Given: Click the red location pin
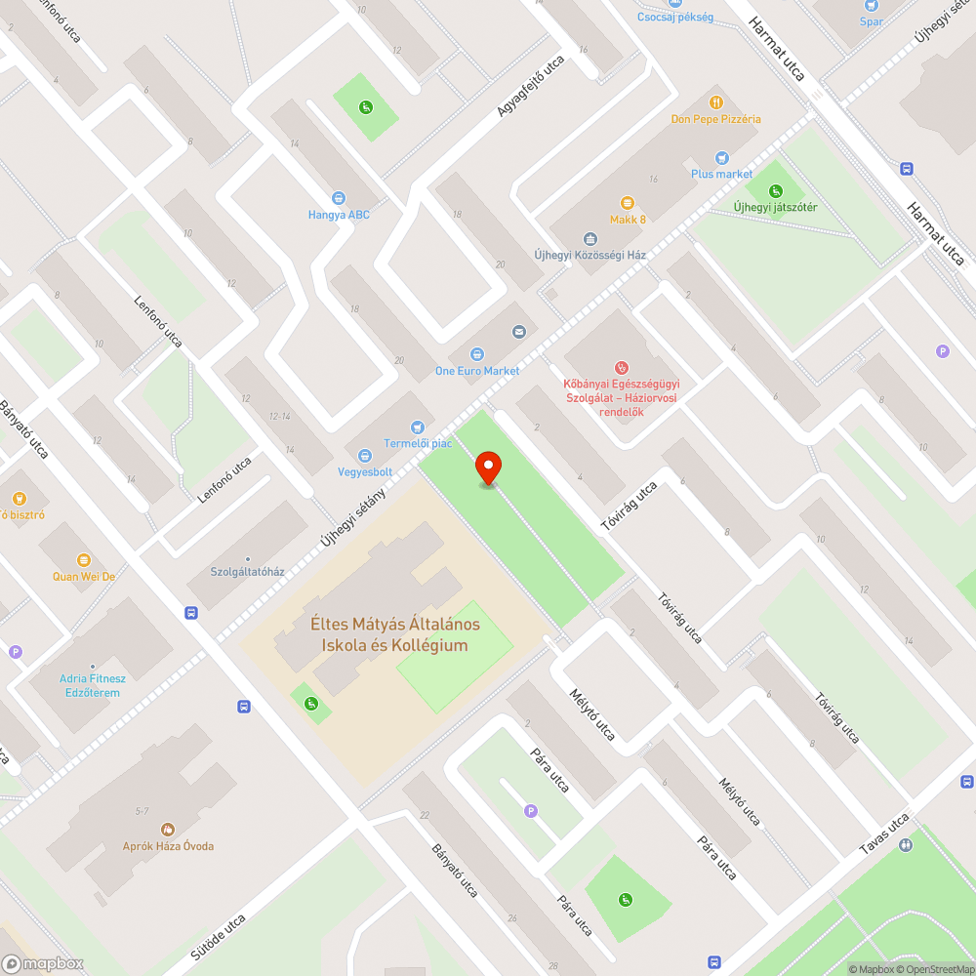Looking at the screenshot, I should point(487,468).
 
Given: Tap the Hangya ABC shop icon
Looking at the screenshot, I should point(339,198).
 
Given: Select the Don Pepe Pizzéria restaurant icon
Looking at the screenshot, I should point(715,102).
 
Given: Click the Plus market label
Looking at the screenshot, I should point(721,174).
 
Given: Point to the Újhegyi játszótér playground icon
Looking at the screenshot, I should point(775,190).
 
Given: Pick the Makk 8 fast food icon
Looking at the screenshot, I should point(628,203).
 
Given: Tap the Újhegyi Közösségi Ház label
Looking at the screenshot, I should point(590,255).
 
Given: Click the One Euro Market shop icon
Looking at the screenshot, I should point(477,354).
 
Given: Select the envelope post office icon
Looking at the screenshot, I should point(518,332).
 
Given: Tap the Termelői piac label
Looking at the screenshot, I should point(418,443).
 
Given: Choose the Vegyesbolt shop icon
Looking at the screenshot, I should point(364,456).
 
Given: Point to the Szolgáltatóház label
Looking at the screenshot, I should point(247,571).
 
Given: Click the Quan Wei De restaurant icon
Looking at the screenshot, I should point(84,560).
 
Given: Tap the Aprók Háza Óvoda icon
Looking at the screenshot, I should point(168,829).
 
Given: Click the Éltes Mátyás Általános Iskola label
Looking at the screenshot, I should point(395,634).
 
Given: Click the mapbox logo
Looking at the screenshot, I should point(44,962).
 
